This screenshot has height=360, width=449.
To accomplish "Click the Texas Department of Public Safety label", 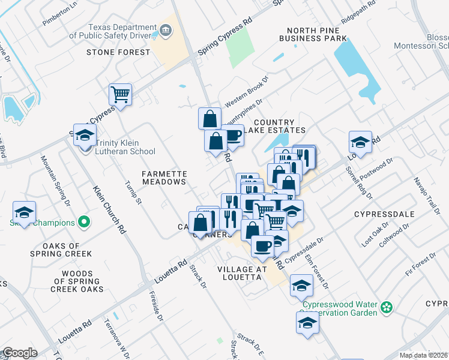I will [x=113, y=31].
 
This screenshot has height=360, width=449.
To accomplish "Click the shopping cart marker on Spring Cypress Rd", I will [x=120, y=94].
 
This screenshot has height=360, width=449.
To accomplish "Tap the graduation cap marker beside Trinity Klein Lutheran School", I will [x=85, y=135].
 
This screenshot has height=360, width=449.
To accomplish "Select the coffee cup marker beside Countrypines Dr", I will [x=232, y=136].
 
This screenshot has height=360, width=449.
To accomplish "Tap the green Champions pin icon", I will [x=85, y=223].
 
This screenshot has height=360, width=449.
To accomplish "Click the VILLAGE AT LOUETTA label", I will [x=241, y=273].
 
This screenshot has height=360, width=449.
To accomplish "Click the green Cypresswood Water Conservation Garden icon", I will [x=387, y=308].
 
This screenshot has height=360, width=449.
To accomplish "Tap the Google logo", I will [x=19, y=353].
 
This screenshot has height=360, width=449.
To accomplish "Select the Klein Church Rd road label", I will [x=109, y=211].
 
